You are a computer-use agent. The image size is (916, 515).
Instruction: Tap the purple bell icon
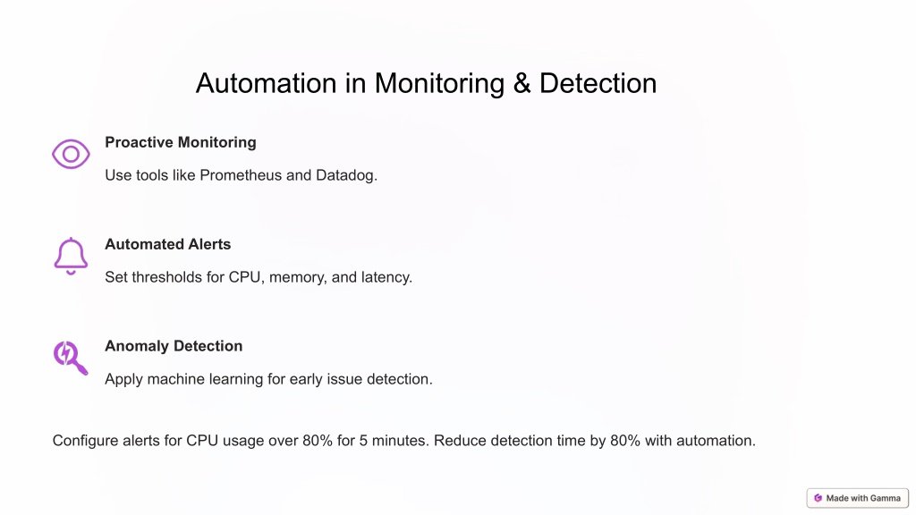71,256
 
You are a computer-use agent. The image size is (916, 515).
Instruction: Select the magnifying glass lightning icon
71,358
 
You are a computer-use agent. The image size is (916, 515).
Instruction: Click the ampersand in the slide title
522,83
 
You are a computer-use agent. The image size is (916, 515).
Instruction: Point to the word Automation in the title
267,83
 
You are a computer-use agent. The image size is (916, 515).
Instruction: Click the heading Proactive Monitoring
181,142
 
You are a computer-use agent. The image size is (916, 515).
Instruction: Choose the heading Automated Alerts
167,244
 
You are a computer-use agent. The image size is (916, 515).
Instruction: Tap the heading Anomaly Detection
174,346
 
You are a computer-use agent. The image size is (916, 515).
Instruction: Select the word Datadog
346,176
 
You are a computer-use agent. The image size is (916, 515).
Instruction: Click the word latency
386,277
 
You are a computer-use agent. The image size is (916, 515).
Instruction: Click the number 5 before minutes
363,441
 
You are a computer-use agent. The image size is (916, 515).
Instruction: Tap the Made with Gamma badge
858,498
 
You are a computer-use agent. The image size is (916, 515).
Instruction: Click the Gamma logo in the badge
818,498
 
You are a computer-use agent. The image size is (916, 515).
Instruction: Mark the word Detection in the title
598,83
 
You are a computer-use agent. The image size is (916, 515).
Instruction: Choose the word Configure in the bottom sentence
85,441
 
